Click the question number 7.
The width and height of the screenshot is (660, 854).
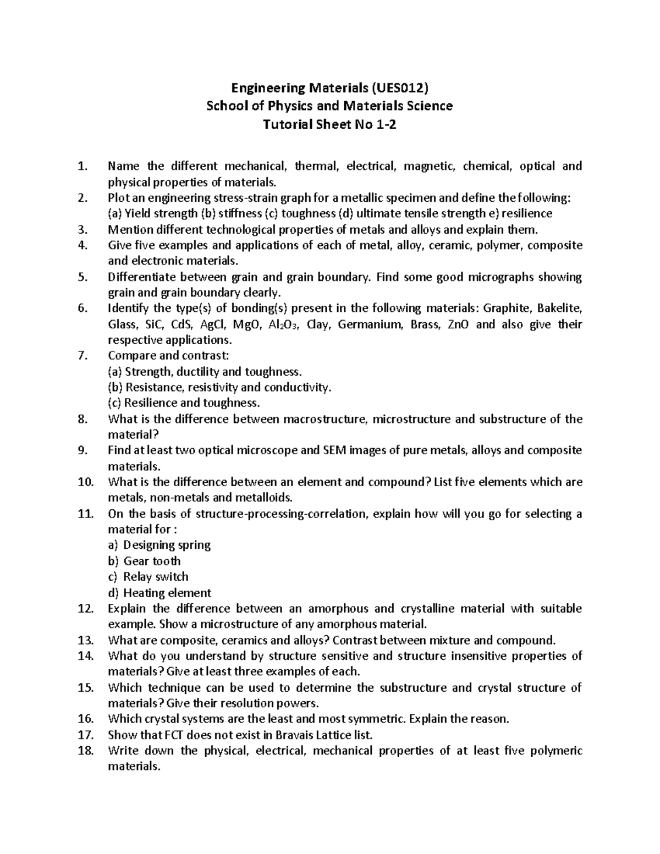point(82,356)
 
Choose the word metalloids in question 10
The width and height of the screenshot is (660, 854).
point(265,498)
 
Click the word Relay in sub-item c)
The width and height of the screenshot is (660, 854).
point(138,577)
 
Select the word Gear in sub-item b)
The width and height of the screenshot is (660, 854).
point(135,561)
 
